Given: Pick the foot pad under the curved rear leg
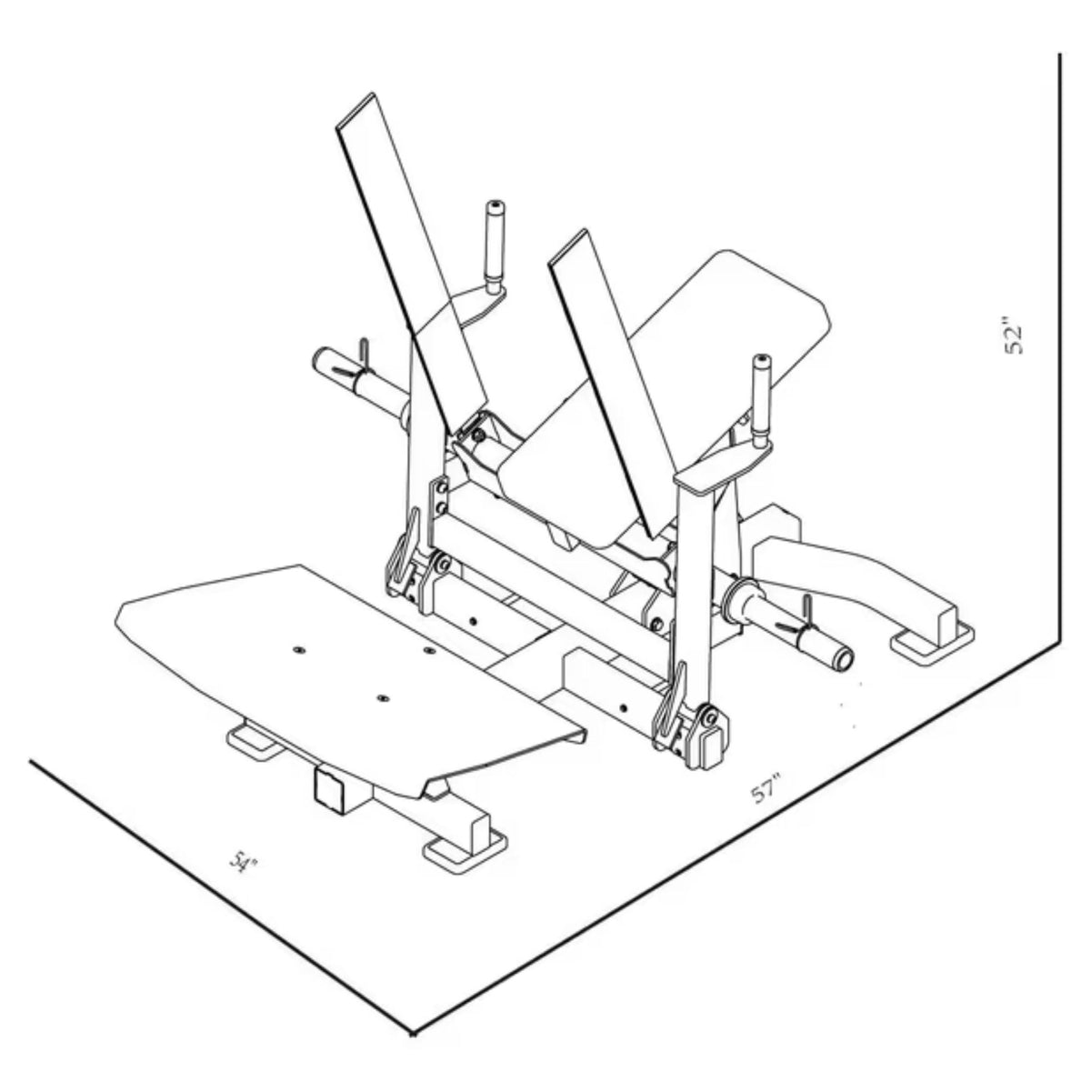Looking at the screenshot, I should tap(931, 645).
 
